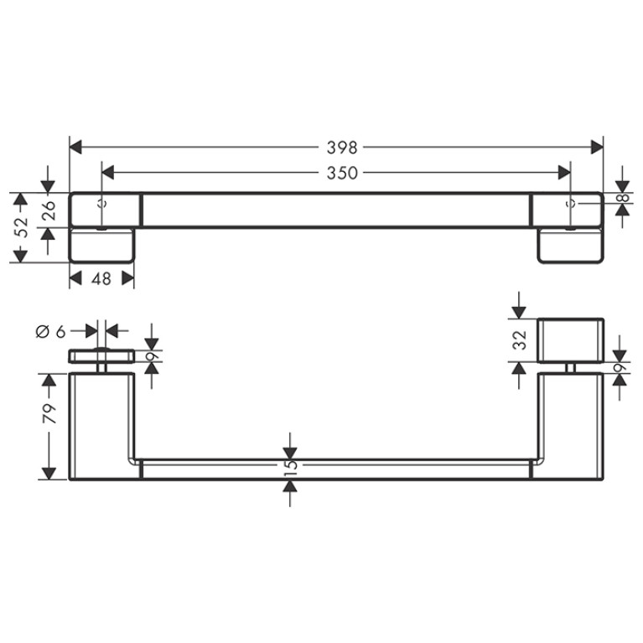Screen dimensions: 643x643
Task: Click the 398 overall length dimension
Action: click(x=341, y=148)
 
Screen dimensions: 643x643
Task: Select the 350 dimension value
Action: click(x=341, y=173)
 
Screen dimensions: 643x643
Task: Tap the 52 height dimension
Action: click(x=21, y=227)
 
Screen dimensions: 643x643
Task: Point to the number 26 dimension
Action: click(x=49, y=210)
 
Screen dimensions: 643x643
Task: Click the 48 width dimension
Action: click(x=101, y=279)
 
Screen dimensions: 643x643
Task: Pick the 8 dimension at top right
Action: click(x=623, y=198)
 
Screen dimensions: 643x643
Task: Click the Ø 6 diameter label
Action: click(x=51, y=331)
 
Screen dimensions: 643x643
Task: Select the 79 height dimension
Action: click(x=49, y=414)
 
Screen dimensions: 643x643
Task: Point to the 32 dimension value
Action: click(x=520, y=340)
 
